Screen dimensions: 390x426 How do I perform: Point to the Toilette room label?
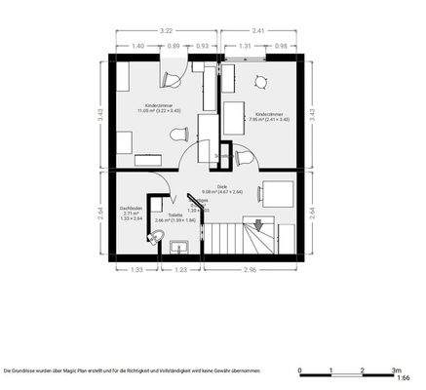pyautogui.click(x=174, y=217)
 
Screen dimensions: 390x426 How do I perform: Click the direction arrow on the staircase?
pyautogui.click(x=258, y=226)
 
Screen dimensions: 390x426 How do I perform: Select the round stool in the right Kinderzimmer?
pyautogui.click(x=260, y=82)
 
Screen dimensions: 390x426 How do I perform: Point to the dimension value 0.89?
pyautogui.click(x=173, y=47)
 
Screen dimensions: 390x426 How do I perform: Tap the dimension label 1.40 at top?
pyautogui.click(x=137, y=47)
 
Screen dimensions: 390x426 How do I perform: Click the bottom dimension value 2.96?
pyautogui.click(x=251, y=270)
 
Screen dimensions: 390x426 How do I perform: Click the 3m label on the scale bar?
pyautogui.click(x=397, y=370)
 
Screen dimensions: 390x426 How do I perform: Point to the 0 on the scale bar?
pyautogui.click(x=301, y=370)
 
